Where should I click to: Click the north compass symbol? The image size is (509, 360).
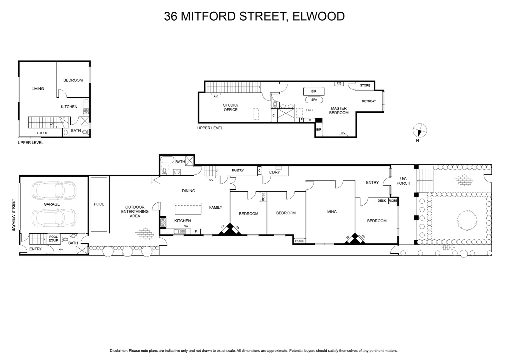(x=419, y=130)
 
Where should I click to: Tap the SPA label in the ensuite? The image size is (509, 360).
(x=314, y=100)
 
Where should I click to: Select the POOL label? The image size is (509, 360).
(x=99, y=204)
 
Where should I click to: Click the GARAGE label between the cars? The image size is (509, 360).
(x=52, y=204)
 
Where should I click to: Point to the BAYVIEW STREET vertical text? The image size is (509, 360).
(x=14, y=215)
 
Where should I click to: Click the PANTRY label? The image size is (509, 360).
(x=238, y=171)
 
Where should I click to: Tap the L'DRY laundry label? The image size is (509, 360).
(x=274, y=172)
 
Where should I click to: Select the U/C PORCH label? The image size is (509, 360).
(x=403, y=181)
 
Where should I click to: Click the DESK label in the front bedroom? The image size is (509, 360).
(x=382, y=201)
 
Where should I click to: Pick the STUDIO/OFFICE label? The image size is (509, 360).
(x=231, y=107)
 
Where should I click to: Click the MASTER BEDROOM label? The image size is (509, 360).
(x=339, y=110)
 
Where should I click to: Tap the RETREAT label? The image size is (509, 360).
(x=369, y=101)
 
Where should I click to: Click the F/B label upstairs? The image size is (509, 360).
(x=339, y=83)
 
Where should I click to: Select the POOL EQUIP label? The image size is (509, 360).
(x=53, y=238)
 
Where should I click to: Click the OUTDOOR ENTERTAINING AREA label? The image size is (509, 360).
(x=135, y=212)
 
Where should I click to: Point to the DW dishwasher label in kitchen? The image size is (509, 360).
(x=186, y=226)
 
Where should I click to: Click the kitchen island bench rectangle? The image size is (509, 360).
(x=188, y=209)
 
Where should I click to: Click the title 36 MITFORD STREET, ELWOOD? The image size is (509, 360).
(x=254, y=16)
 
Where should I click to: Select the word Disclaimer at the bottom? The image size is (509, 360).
(x=118, y=351)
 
